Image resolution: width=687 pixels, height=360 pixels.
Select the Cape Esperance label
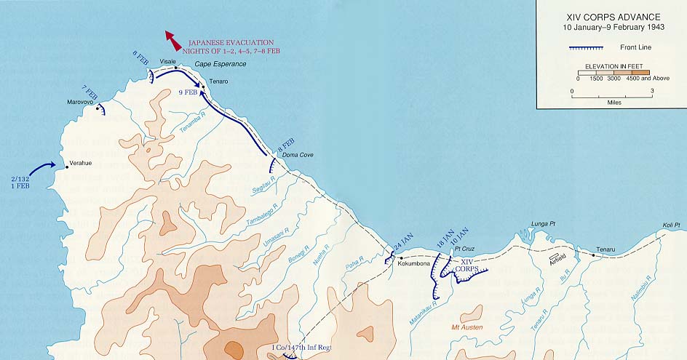(220, 65)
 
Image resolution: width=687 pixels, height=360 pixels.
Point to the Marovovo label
(81, 102)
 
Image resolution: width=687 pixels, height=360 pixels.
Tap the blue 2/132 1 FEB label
(20, 182)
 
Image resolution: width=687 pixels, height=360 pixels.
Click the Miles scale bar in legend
(611, 92)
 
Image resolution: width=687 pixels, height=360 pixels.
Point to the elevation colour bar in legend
(611, 71)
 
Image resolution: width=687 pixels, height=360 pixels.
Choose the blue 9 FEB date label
(188, 92)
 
